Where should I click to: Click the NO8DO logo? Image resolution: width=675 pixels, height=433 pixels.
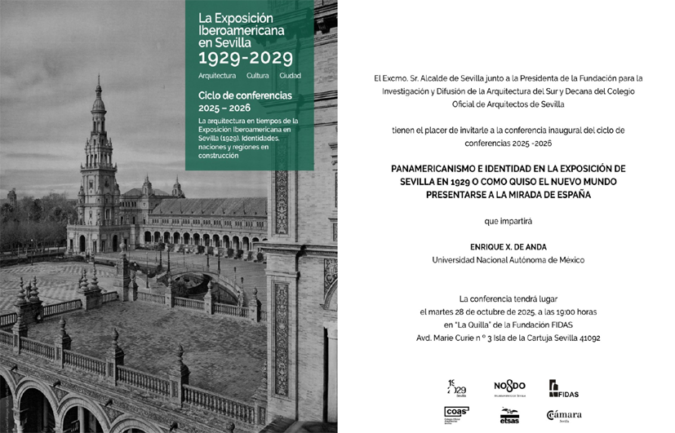[x=509, y=387]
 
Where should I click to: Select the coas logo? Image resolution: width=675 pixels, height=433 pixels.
[x=456, y=414]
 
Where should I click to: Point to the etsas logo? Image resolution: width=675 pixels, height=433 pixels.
[x=509, y=415]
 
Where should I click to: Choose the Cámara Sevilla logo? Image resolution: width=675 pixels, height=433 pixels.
[x=564, y=415]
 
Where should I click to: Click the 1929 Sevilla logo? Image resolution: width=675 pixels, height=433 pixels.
[x=456, y=387]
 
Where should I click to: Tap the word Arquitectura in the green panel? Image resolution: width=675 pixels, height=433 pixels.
[x=217, y=76]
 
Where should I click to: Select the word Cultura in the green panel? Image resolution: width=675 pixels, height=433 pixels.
[x=257, y=76]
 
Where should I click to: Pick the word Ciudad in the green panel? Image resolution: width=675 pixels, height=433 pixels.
[x=290, y=76]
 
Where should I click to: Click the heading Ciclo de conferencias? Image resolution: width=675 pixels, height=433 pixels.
[x=245, y=95]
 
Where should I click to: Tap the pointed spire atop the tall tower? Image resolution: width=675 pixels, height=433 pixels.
[x=98, y=86]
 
